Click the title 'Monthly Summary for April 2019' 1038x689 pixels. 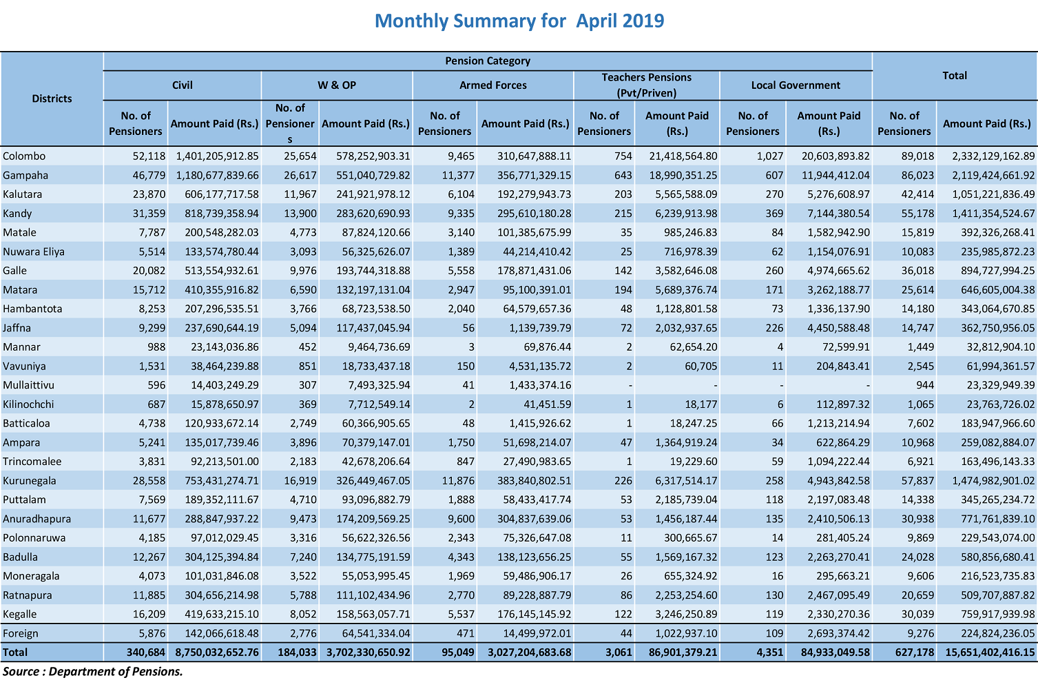point(519,21)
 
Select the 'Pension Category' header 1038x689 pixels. point(488,61)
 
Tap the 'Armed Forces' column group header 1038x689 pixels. point(493,85)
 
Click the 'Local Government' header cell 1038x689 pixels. point(796,85)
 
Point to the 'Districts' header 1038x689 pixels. point(52,99)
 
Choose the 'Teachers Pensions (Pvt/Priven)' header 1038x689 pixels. point(647,85)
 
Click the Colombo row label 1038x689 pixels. point(24,156)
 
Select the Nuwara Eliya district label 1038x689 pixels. point(33,251)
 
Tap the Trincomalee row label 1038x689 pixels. point(31,462)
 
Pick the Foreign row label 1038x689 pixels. point(21,633)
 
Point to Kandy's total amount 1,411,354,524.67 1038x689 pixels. point(993,214)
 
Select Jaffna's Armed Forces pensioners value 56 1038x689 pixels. point(468,328)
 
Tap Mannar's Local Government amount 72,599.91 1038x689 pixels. point(839,347)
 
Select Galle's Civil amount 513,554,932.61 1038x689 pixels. point(222,271)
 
